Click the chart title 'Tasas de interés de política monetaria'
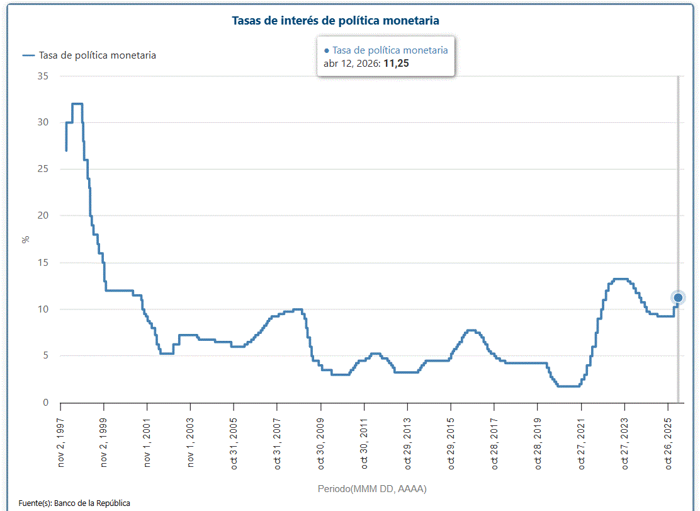pos(336,21)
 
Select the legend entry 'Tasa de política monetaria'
pos(97,55)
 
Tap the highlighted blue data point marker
pos(678,297)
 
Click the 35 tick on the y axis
pos(43,76)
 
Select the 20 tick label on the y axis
pos(43,215)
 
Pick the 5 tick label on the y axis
pos(46,355)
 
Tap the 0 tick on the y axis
pos(46,402)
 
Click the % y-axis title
pos(26,239)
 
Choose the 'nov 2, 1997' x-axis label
pos(62,441)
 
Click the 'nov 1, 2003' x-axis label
pos(191,441)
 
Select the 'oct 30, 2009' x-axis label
pos(321,441)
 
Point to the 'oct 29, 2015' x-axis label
pos(451,441)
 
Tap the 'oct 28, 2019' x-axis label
pos(538,441)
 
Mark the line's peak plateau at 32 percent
pos(77,103)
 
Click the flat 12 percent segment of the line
pos(120,290)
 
